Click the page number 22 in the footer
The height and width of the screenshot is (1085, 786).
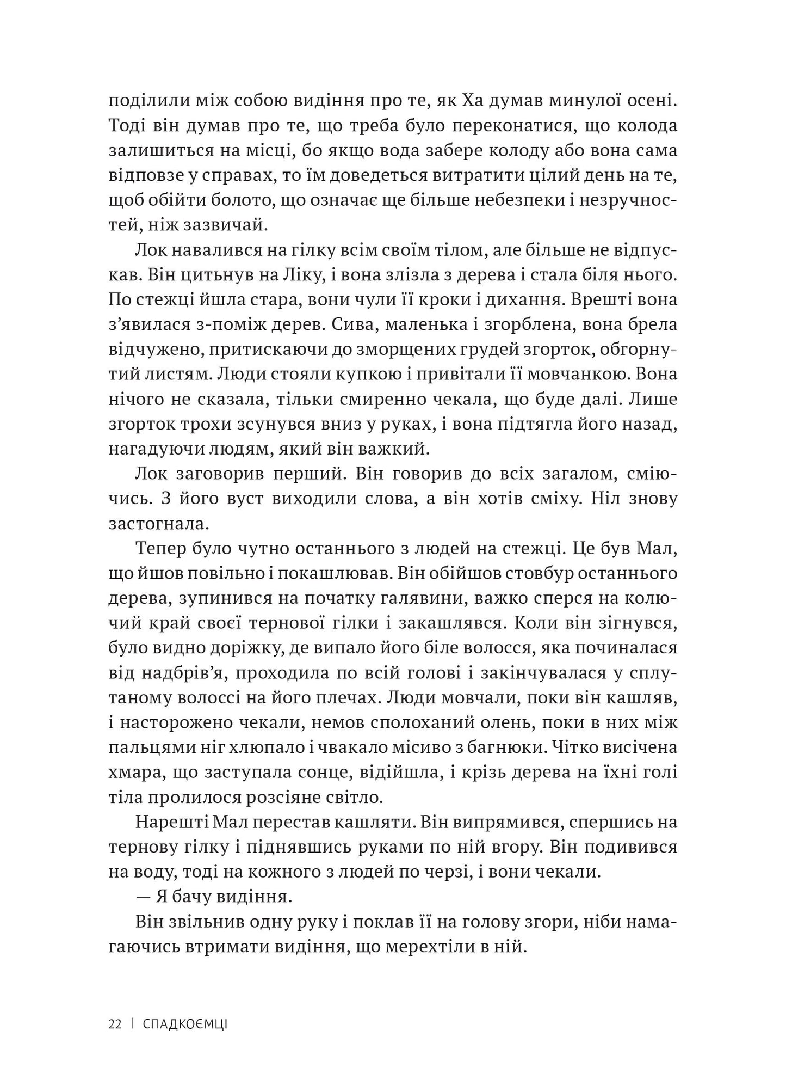click(114, 1024)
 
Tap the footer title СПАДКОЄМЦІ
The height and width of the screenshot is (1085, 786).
click(185, 1024)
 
